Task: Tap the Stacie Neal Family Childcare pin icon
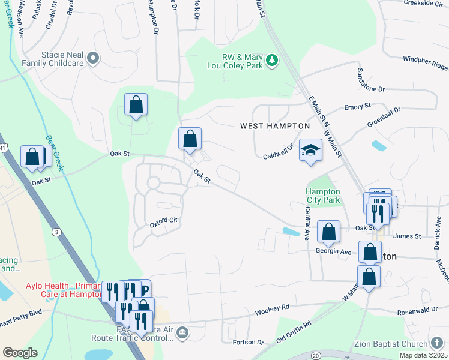[92, 58]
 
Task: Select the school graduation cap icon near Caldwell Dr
[310, 150]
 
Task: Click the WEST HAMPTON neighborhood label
[275, 126]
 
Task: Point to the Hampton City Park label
[323, 196]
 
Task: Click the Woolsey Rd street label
[272, 307]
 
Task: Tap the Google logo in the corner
[20, 352]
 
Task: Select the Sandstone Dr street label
[370, 80]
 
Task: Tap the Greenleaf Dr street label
[384, 118]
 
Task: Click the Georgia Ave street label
[333, 251]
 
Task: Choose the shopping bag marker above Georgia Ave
[329, 231]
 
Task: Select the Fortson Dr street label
[248, 342]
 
